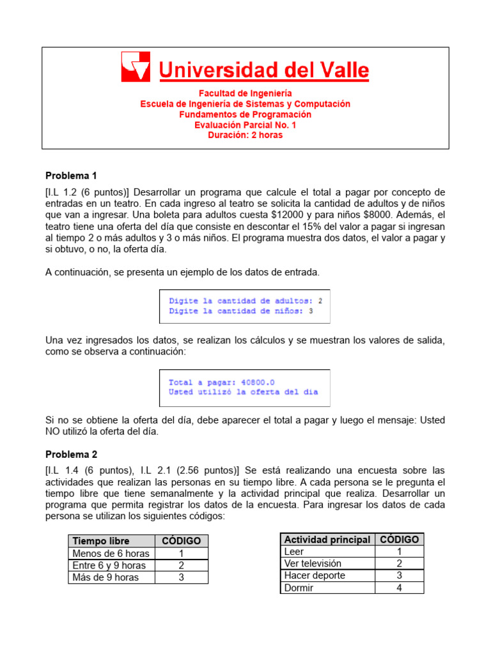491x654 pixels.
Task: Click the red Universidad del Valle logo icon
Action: [x=136, y=66]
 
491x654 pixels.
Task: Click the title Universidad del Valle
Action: [x=263, y=70]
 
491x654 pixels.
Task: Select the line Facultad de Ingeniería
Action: [x=245, y=93]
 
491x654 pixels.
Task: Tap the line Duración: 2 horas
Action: [x=245, y=135]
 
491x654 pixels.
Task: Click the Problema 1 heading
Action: [x=71, y=176]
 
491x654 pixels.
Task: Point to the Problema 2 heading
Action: [x=71, y=454]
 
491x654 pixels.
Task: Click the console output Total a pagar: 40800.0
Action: [x=213, y=382]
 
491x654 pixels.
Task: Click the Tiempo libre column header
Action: [x=99, y=541]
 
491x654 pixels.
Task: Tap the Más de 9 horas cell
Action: [x=105, y=577]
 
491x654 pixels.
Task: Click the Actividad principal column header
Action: [x=327, y=540]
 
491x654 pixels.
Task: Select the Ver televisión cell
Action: [x=313, y=563]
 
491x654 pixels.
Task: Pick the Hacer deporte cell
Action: [x=315, y=575]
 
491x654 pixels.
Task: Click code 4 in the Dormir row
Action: [x=399, y=588]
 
